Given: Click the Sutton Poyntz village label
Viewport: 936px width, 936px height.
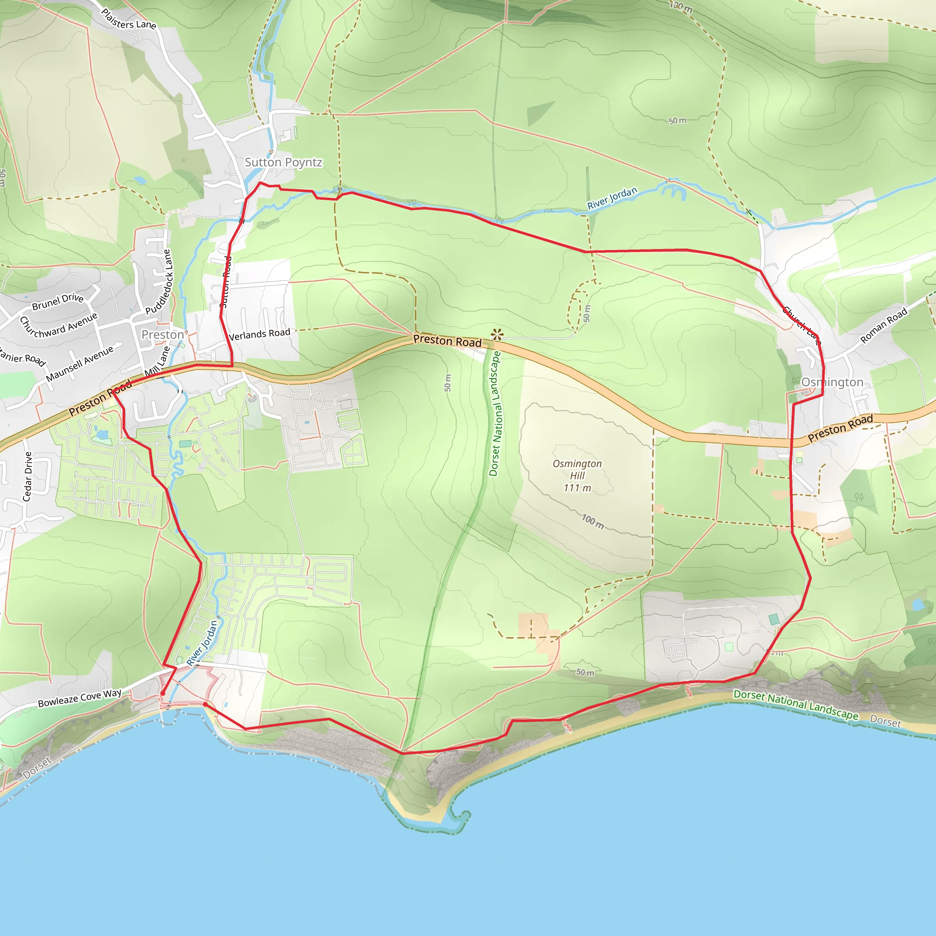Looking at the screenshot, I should tap(283, 162).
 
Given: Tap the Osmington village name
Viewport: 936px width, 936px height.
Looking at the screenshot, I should tap(832, 382).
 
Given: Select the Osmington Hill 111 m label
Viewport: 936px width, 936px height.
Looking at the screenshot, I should tap(577, 475).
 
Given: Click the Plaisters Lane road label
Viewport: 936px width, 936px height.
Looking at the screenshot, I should tap(128, 19).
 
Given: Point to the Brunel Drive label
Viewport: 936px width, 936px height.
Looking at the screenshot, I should tap(58, 301).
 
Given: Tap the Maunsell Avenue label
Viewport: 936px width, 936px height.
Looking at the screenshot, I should tap(80, 363).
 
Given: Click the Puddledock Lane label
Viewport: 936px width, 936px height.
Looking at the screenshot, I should tap(160, 282).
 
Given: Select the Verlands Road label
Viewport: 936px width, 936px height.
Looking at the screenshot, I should tap(260, 334).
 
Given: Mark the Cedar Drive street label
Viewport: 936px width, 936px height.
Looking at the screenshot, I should tap(28, 476).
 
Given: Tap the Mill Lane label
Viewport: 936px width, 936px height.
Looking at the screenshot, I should tap(158, 362).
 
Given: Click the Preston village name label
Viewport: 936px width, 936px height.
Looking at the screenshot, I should tap(163, 335).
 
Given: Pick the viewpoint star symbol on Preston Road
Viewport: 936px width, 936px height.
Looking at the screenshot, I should tap(497, 334).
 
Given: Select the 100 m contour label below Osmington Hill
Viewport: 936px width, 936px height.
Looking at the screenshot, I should tap(592, 521).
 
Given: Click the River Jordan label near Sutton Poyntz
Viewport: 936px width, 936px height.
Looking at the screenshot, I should tap(612, 198).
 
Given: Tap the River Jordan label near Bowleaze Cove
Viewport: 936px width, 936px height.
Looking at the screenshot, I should tap(202, 643).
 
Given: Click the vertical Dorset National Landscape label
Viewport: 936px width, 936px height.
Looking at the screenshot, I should tap(494, 413).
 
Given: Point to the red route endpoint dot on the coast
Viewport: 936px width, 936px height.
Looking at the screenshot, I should tap(205, 704).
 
